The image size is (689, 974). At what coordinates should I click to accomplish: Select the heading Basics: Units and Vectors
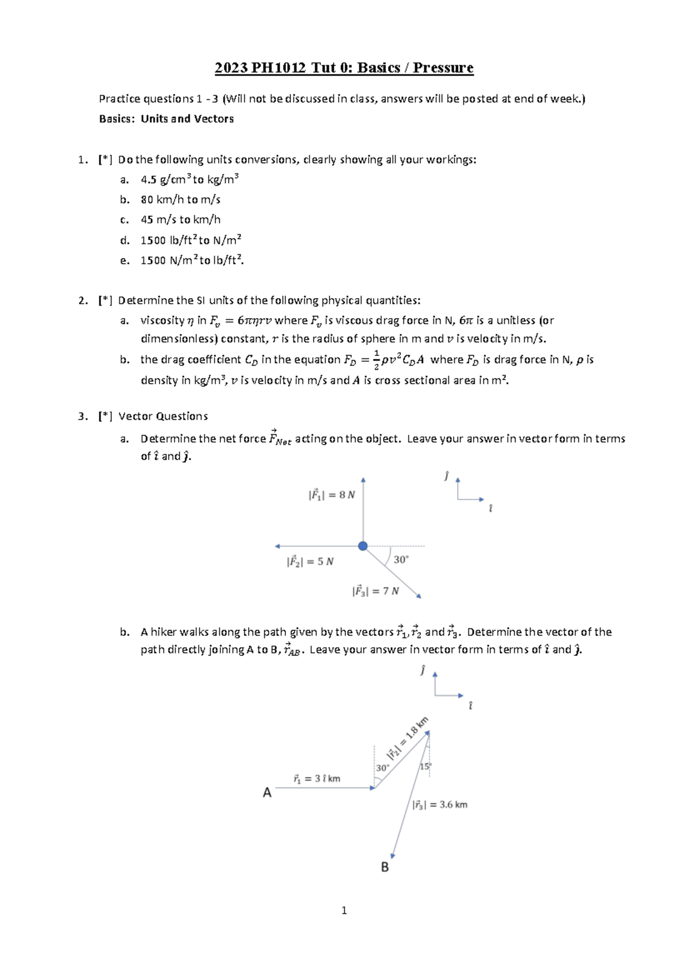click(167, 119)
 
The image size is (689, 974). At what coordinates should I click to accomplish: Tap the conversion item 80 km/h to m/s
click(180, 200)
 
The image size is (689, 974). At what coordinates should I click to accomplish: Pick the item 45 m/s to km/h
click(180, 220)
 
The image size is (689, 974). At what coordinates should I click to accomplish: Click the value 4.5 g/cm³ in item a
click(164, 180)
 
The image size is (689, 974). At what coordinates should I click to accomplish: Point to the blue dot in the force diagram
click(363, 546)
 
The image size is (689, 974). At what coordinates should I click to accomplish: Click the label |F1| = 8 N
click(331, 495)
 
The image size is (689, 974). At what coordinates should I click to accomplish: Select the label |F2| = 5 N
click(310, 562)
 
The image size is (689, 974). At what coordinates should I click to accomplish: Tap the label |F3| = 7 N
click(376, 591)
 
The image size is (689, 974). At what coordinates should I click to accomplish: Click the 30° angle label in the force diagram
click(401, 559)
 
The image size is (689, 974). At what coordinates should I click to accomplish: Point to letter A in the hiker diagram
click(267, 793)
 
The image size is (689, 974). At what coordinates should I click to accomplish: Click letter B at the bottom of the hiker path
click(385, 867)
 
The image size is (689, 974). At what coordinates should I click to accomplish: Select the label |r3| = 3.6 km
click(440, 805)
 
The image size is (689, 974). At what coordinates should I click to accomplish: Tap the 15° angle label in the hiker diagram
click(425, 767)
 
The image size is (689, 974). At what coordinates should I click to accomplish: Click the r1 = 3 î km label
click(316, 779)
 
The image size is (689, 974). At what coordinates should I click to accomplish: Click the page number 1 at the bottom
click(344, 910)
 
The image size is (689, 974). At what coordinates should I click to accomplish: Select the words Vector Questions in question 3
click(163, 416)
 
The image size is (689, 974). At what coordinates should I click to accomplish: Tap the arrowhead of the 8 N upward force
click(363, 480)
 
